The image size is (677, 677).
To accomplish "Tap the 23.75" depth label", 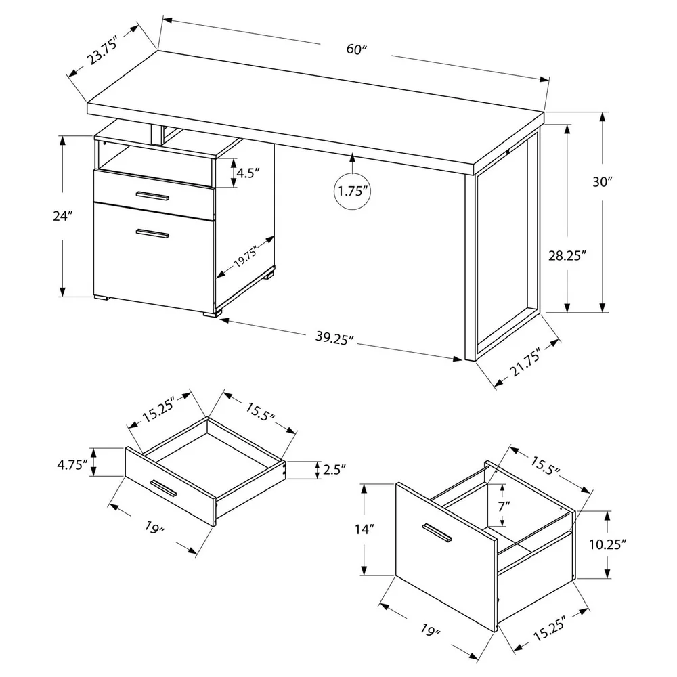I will (x=104, y=52).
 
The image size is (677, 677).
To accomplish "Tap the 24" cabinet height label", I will (x=64, y=217).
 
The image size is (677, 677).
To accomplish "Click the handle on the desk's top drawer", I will (x=152, y=197).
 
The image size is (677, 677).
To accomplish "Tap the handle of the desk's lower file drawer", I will (x=152, y=234).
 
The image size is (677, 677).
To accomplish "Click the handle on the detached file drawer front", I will (x=436, y=533).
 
